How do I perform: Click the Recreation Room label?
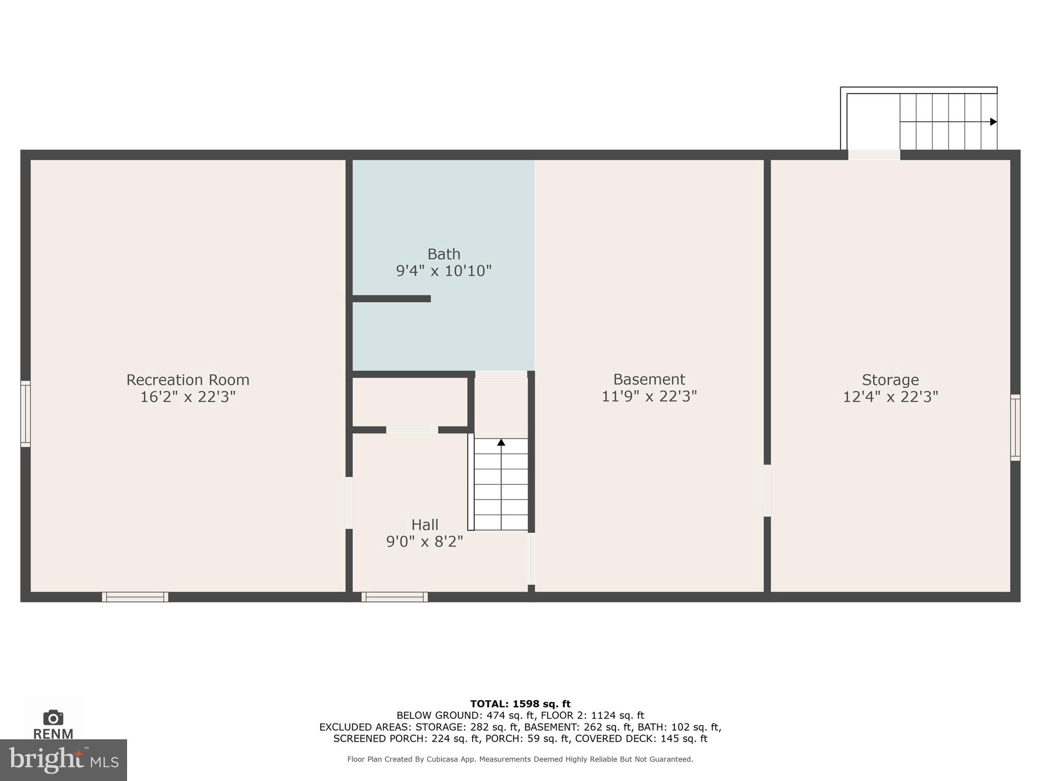[x=188, y=380]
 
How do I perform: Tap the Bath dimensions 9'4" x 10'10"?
[x=444, y=271]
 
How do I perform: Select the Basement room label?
[x=649, y=379]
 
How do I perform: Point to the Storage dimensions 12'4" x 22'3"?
[x=890, y=397]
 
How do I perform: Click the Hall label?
[x=424, y=524]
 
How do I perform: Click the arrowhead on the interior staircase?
[x=501, y=442]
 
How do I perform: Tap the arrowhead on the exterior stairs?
[x=993, y=122]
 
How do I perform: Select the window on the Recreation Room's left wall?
[x=25, y=414]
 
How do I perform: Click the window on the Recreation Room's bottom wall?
[x=135, y=597]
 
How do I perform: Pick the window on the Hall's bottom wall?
[x=394, y=597]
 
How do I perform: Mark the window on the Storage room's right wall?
[x=1015, y=428]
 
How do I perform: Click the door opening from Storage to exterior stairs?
[x=874, y=155]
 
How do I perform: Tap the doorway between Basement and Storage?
[x=767, y=491]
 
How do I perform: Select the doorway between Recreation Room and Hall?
[x=349, y=503]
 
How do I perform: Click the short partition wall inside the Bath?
[x=391, y=299]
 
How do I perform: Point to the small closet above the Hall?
[x=410, y=402]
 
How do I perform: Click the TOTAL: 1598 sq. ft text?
[x=520, y=704]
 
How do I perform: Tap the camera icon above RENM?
[x=53, y=717]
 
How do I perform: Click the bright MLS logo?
[x=64, y=760]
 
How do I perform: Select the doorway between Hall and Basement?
[x=531, y=558]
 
